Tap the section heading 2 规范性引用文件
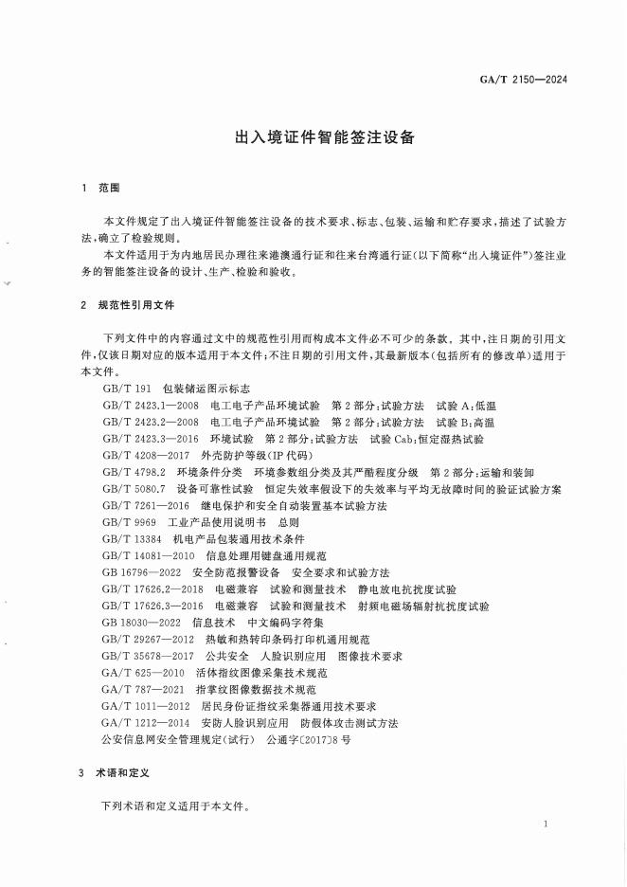point(128,305)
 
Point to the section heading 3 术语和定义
point(116,773)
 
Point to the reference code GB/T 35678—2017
point(147,656)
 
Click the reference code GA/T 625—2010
point(143,672)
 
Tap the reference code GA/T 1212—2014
point(147,722)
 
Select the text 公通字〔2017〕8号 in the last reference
point(310,739)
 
